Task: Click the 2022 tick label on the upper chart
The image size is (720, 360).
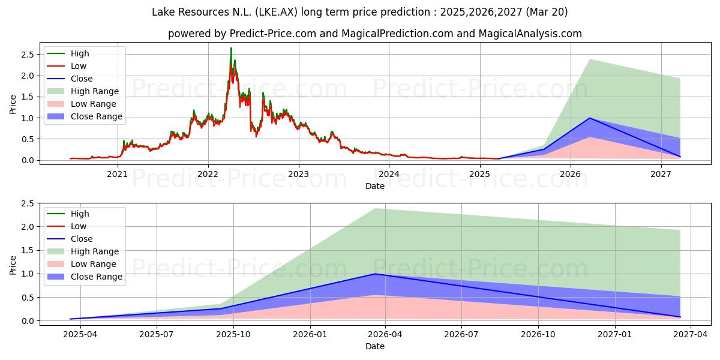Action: [208, 174]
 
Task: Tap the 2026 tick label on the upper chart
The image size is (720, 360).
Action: [571, 174]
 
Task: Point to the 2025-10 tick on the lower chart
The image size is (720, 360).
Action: [233, 335]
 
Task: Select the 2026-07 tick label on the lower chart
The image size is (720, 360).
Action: [461, 335]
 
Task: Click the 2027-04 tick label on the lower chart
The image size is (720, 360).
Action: [691, 335]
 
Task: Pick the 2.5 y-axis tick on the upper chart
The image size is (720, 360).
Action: [28, 55]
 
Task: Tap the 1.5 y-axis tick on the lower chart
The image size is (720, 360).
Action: [28, 250]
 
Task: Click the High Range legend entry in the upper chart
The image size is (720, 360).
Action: [83, 91]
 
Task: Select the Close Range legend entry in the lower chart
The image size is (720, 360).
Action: [85, 277]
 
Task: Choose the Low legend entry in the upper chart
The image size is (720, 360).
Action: [67, 66]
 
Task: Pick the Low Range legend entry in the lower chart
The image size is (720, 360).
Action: [82, 264]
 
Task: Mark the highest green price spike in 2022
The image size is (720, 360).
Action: [231, 48]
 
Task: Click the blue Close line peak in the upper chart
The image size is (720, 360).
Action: [589, 118]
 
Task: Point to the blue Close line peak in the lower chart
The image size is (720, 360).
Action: [375, 274]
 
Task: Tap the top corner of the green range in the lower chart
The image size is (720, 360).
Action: [375, 209]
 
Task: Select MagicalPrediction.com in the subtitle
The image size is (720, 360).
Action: [397, 34]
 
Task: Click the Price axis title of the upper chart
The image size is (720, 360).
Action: [13, 104]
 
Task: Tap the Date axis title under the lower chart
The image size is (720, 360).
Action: [375, 346]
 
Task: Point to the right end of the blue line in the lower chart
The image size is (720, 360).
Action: [680, 317]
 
